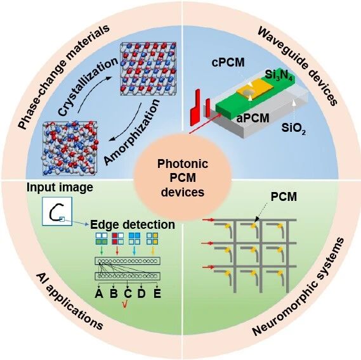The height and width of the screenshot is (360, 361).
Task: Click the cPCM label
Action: tap(228, 62)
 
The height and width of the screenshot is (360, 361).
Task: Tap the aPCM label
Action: tap(253, 119)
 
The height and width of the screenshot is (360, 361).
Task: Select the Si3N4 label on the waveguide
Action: tap(279, 75)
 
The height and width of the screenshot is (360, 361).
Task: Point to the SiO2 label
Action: tap(294, 128)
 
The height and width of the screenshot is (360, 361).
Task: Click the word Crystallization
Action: tap(88, 87)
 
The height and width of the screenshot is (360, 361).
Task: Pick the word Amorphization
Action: tap(131, 132)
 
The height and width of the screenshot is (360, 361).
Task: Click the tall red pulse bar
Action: tap(195, 108)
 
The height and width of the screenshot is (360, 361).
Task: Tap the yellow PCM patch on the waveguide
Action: tap(255, 88)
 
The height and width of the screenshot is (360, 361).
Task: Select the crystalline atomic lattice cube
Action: tap(148, 68)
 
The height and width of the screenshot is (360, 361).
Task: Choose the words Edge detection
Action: tap(133, 224)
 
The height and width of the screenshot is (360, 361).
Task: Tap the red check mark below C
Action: tap(125, 304)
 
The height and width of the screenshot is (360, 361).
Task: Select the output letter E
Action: tap(157, 293)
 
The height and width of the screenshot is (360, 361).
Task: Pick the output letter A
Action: tap(99, 293)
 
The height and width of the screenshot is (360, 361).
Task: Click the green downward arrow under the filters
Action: tap(102, 250)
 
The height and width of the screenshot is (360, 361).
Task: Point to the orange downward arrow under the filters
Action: tap(152, 250)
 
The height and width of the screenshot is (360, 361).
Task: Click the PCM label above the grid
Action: tap(284, 196)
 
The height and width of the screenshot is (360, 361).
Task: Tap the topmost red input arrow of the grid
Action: tap(208, 220)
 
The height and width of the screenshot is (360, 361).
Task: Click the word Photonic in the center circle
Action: tap(183, 164)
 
